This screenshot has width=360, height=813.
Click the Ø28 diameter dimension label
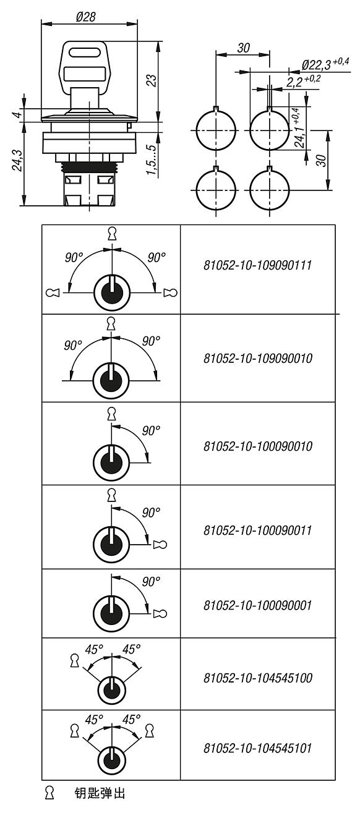coord(86,16)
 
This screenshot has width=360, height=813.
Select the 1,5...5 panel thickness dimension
coord(152,160)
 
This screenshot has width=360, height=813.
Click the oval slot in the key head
coord(84,53)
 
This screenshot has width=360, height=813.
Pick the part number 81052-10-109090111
coord(257,265)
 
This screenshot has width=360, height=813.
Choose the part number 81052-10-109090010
coord(257,359)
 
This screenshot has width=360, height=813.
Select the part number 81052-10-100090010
coord(257,446)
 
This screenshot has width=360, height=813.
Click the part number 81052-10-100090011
coord(257,530)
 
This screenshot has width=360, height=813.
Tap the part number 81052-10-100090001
coord(257,605)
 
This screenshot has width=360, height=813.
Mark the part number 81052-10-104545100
coord(257,678)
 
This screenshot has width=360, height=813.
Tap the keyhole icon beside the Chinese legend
coord(49,793)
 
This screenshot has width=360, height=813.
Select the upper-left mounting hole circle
coord(216,129)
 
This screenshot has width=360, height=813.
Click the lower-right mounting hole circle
coord(270,189)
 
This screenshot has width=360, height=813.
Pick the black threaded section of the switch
coord(89,168)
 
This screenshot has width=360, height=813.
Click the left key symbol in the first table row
coord(53,292)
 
